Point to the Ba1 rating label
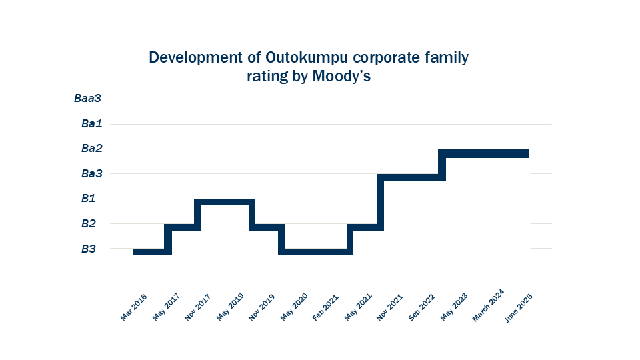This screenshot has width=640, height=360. pos(91,124)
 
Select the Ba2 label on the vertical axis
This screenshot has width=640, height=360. pos(91,149)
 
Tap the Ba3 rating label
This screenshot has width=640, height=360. pos(91,174)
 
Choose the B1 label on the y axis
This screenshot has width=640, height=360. pos(89,199)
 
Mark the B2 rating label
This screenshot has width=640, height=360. pos(89,224)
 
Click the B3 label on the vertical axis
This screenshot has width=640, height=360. pos(89,249)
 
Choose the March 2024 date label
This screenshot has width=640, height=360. pos(487,305)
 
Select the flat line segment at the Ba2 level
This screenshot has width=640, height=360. pos(485,153)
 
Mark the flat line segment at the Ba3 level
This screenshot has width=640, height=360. pos(411,177)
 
